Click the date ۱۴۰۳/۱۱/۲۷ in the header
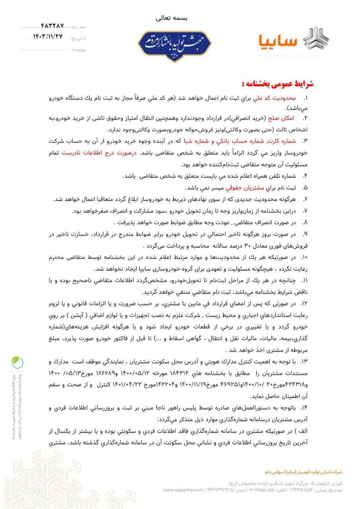click(48, 37)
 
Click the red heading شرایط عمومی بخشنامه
click(278, 84)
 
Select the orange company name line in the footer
click(303, 472)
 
